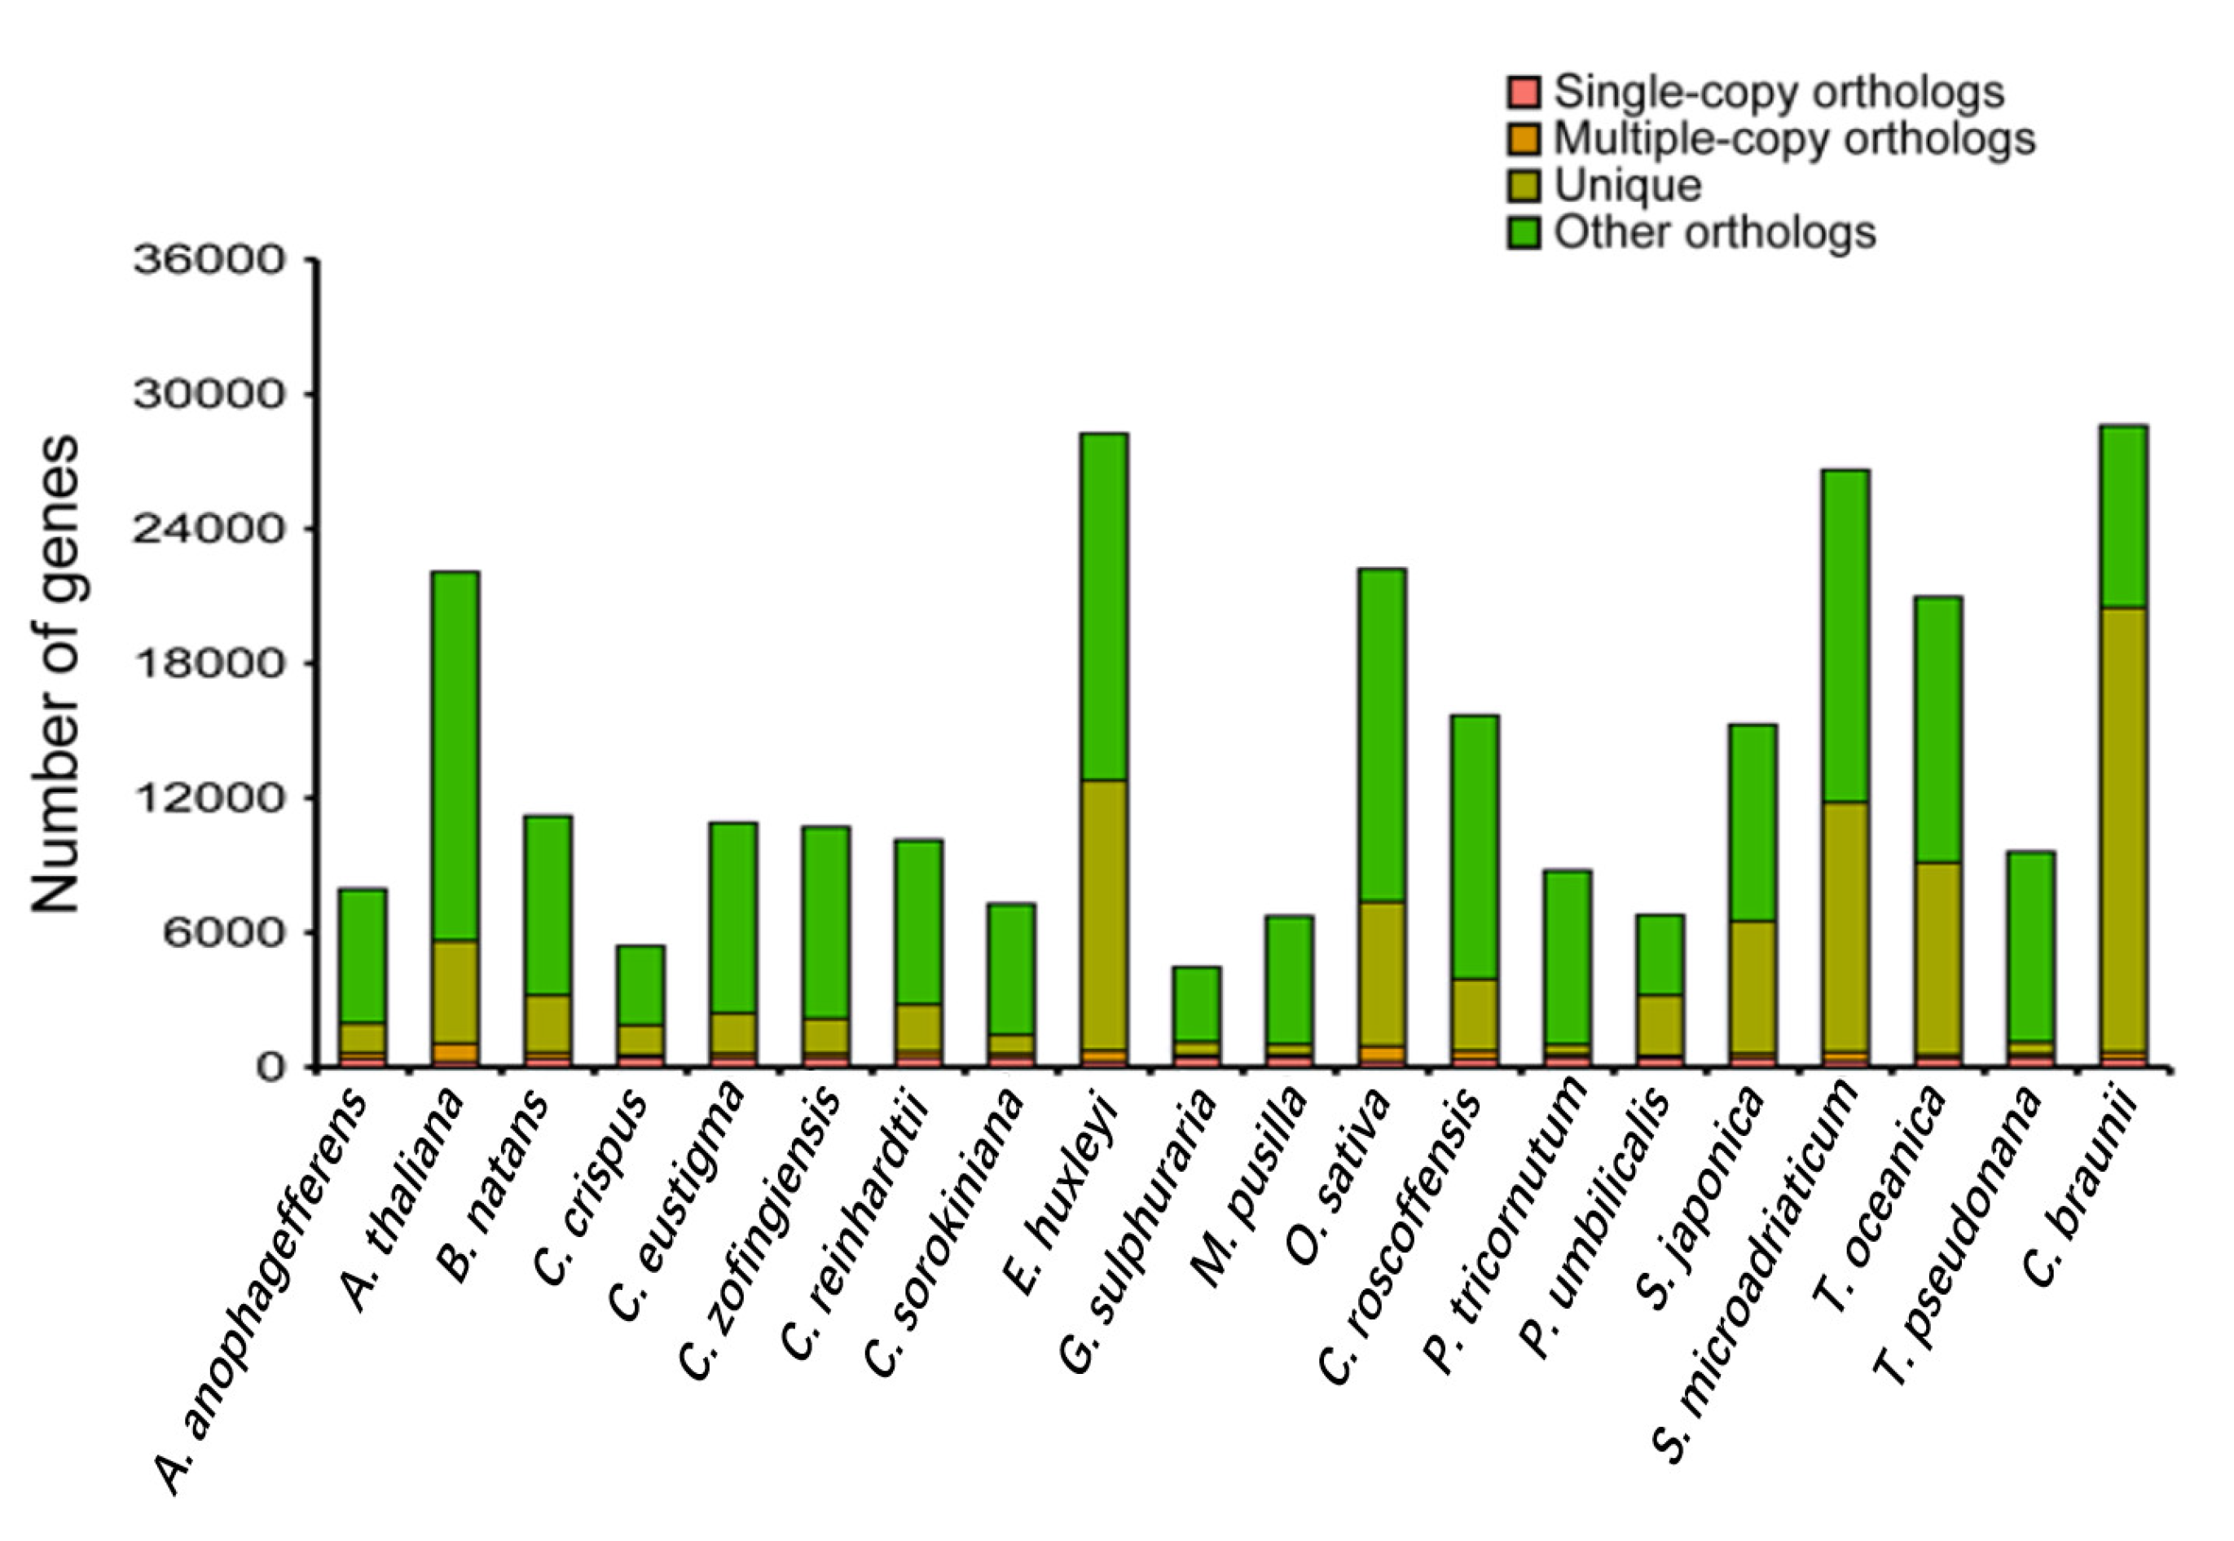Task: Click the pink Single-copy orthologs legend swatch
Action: [1524, 93]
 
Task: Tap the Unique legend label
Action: [1627, 185]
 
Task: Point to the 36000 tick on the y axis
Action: [210, 261]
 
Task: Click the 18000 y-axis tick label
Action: [210, 663]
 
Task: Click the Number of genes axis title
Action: [55, 673]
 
